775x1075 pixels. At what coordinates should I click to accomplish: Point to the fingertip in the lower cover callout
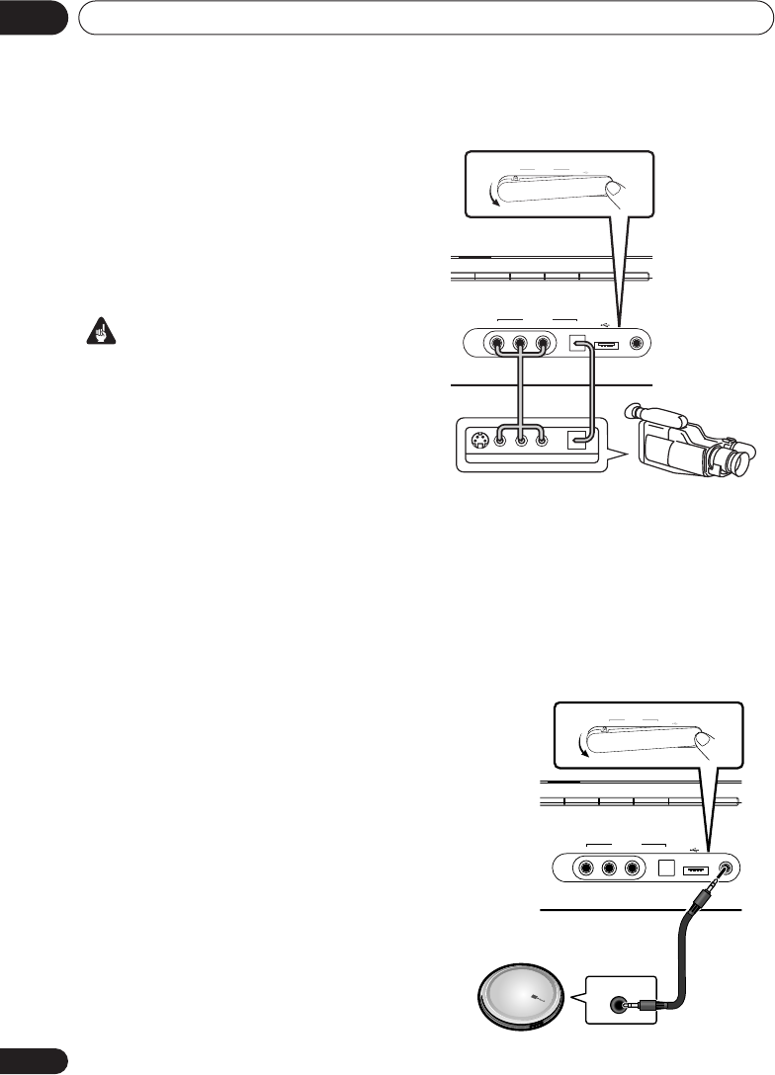(702, 739)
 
